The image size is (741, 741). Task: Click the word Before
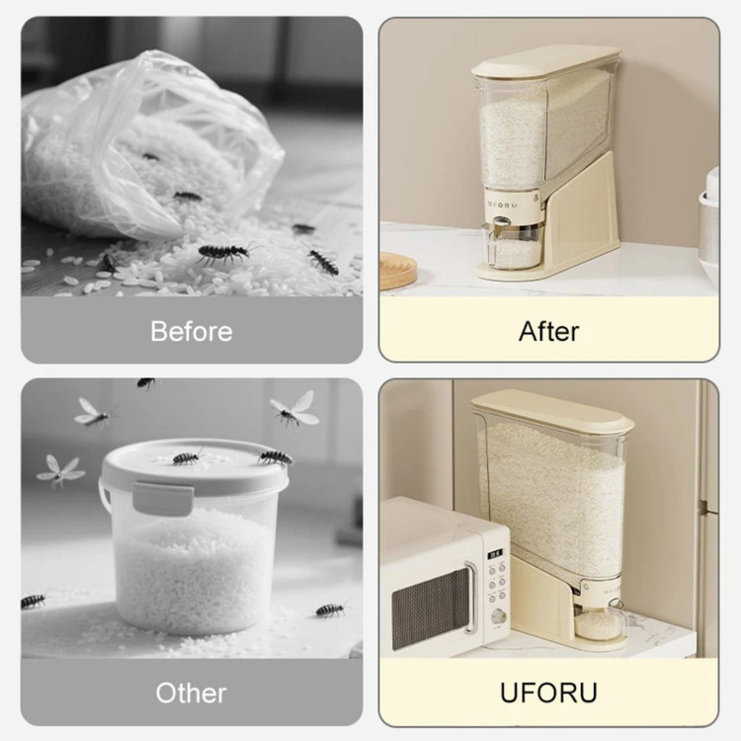[x=192, y=331]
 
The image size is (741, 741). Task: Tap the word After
[x=548, y=331]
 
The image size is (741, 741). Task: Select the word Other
[x=191, y=693]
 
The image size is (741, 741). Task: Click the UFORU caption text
[x=548, y=693]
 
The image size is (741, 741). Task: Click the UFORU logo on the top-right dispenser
[x=502, y=206]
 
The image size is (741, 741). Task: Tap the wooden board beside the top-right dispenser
[x=398, y=271]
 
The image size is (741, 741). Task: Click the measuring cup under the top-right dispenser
[x=514, y=246]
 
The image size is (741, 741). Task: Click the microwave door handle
[x=469, y=598]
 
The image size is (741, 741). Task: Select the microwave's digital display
[x=496, y=553]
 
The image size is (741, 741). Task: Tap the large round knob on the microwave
[x=498, y=617]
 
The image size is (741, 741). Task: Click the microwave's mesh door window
[x=430, y=609]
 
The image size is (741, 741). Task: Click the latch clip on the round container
[x=163, y=499]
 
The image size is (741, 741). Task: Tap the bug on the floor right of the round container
[x=331, y=610]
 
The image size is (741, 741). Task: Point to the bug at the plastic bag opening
[x=187, y=196]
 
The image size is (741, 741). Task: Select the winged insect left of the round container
[x=60, y=470]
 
